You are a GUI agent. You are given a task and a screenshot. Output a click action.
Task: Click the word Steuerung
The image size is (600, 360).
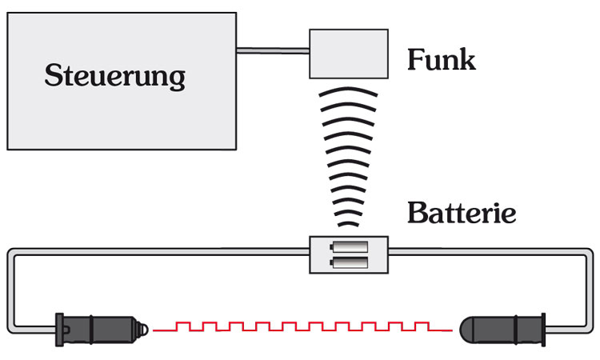[115, 77]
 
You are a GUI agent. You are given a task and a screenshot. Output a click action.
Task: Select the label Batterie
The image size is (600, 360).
[462, 214]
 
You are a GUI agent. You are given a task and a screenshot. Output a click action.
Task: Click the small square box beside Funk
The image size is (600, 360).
[349, 54]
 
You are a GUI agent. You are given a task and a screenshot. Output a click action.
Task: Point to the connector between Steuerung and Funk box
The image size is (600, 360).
[273, 51]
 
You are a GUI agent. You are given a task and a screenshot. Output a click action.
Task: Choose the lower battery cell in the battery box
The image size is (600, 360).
[349, 262]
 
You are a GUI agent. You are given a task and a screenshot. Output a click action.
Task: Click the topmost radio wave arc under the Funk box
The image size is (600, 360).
[349, 94]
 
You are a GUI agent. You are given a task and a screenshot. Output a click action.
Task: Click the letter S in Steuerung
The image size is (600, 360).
[54, 77]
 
